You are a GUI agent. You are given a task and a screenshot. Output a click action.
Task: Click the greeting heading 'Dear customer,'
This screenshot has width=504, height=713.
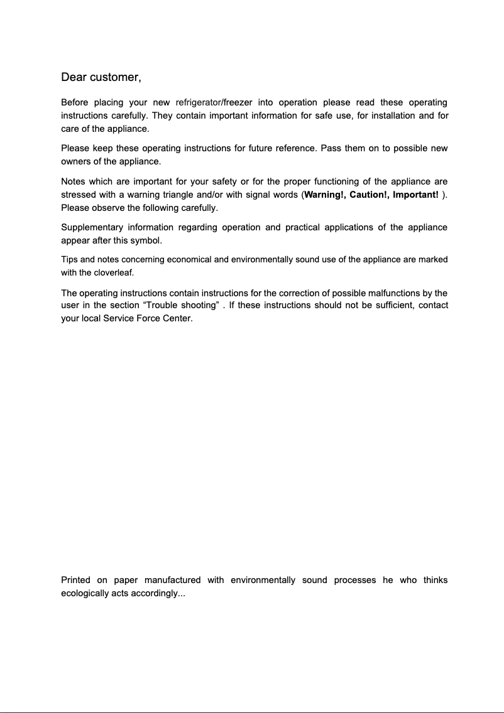coord(101,78)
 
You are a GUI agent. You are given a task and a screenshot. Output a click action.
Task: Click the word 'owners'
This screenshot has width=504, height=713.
coord(75,162)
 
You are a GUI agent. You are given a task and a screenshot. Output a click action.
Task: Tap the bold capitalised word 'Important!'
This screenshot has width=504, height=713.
coord(415,195)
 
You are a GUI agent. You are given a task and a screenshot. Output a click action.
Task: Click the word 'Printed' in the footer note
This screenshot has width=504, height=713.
coord(75,580)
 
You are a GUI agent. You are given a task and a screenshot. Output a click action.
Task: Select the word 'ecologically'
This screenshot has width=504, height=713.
coord(86,593)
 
